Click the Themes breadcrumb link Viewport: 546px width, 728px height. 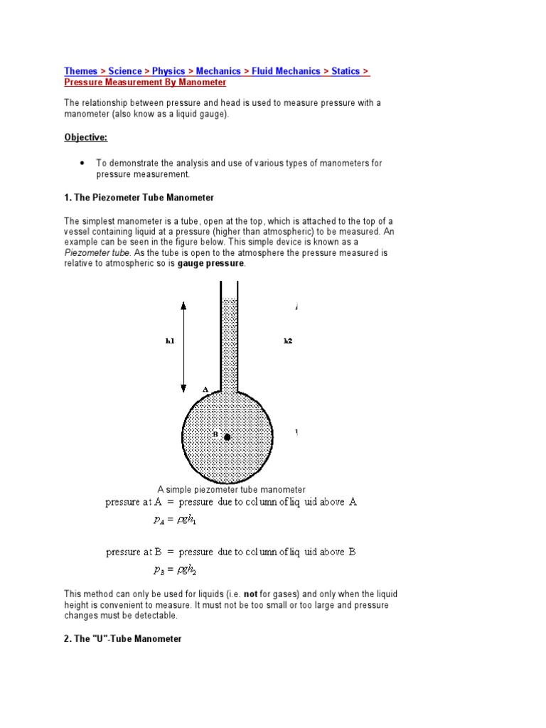click(x=81, y=71)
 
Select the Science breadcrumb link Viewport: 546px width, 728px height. click(x=125, y=71)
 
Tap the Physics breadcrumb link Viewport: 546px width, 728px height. click(x=168, y=71)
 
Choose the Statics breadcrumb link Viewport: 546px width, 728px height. click(x=346, y=71)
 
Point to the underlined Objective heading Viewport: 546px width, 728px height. click(x=85, y=137)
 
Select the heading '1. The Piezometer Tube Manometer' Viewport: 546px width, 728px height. click(x=139, y=197)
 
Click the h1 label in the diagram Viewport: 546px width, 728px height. click(x=170, y=341)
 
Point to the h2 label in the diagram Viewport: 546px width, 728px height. click(x=288, y=341)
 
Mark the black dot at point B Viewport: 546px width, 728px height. click(x=227, y=437)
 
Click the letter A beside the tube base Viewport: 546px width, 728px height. click(x=205, y=390)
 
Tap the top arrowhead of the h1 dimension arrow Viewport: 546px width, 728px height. click(x=183, y=306)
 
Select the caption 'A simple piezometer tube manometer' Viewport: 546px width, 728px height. click(x=231, y=489)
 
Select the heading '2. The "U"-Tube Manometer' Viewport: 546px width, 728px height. click(x=123, y=639)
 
